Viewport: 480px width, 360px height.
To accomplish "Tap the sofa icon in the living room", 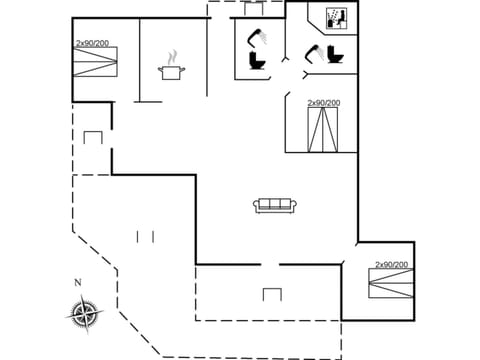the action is pyautogui.click(x=273, y=205).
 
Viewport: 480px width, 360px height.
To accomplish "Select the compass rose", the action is pyautogui.click(x=84, y=312).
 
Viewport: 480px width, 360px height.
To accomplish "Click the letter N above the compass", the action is pyautogui.click(x=77, y=283).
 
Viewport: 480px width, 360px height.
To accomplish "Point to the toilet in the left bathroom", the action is pyautogui.click(x=256, y=62).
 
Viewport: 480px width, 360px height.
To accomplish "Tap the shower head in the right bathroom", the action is pyautogui.click(x=313, y=50).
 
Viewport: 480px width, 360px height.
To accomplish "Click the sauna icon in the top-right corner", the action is pyautogui.click(x=336, y=18).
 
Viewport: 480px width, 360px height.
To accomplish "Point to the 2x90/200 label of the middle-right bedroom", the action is pyautogui.click(x=324, y=103).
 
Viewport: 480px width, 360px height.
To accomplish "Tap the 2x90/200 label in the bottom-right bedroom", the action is pyautogui.click(x=391, y=265).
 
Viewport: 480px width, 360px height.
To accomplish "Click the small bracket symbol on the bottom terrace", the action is pyautogui.click(x=271, y=294).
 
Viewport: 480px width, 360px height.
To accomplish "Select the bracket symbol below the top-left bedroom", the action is pyautogui.click(x=93, y=136).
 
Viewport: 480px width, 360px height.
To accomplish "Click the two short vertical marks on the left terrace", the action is pyautogui.click(x=146, y=236).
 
